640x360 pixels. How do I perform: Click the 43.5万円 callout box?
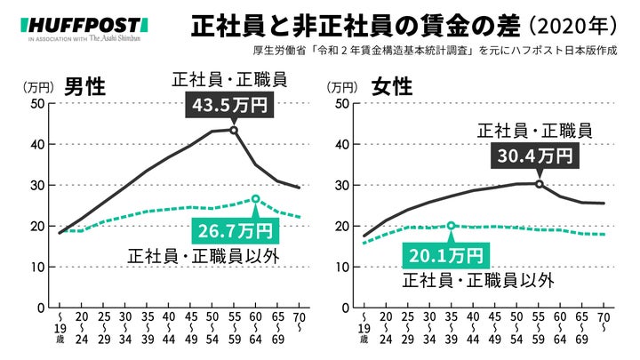[x=230, y=106]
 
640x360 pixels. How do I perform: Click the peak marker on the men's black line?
[x=234, y=130]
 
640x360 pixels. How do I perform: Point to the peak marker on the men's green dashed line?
[x=256, y=199]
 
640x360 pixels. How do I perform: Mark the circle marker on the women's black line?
[x=540, y=184]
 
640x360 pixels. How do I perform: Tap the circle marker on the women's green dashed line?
[x=451, y=226]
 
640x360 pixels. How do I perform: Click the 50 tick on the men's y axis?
[x=37, y=103]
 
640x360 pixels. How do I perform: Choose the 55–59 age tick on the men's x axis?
[x=234, y=328]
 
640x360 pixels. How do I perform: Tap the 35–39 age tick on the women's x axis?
[x=451, y=328]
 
